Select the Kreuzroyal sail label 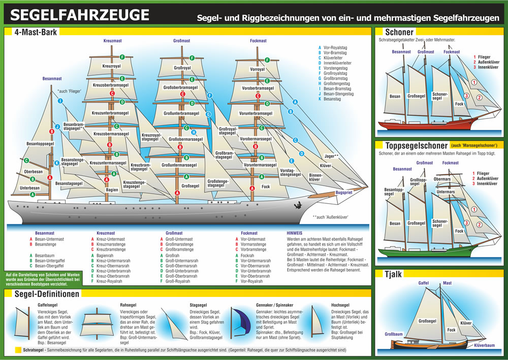[112, 66]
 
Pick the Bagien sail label [112, 190]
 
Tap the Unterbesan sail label [29, 188]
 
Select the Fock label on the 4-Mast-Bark [265, 187]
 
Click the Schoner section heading [399, 32]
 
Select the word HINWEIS [296, 233]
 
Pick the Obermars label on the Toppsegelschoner [442, 179]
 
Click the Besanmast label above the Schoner [401, 51]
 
